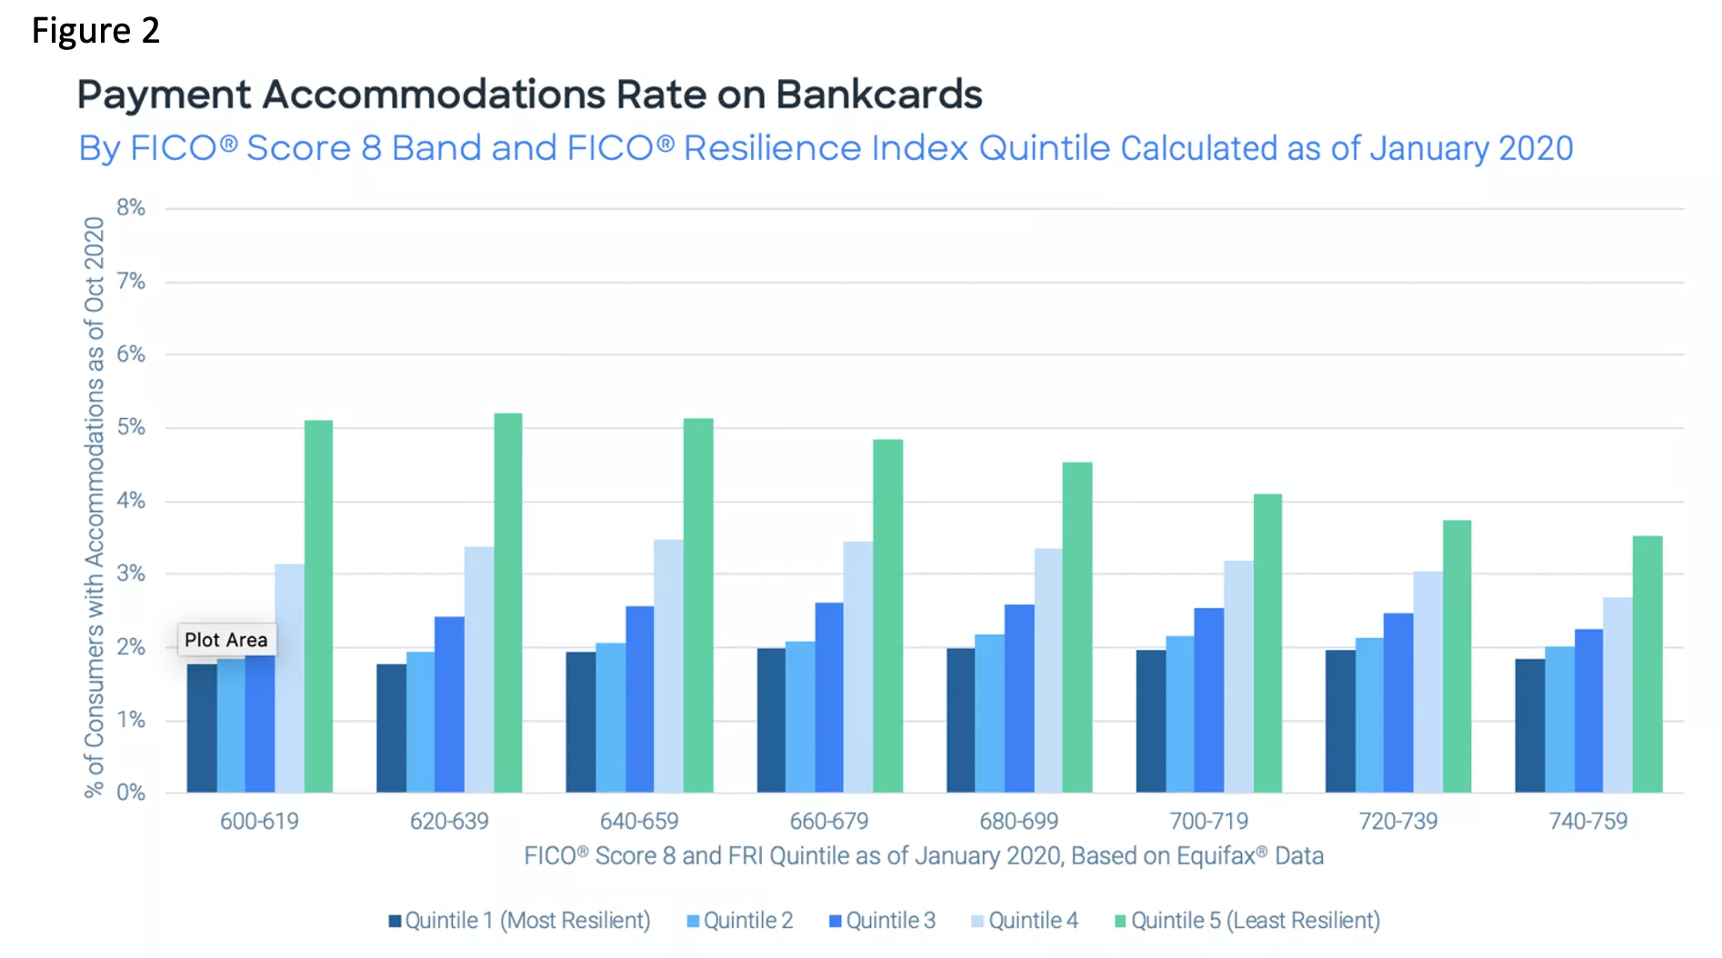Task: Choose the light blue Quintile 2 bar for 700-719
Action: coord(1180,714)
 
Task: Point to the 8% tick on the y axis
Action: coord(131,207)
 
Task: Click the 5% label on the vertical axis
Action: coord(131,427)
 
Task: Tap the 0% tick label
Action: coord(131,793)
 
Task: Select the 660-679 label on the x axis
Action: coord(829,822)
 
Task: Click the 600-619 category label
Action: coord(259,822)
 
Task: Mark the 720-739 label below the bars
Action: coord(1398,822)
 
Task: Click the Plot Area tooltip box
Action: coord(226,640)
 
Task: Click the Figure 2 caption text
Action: coord(95,31)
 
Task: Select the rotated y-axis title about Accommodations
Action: coord(95,507)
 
